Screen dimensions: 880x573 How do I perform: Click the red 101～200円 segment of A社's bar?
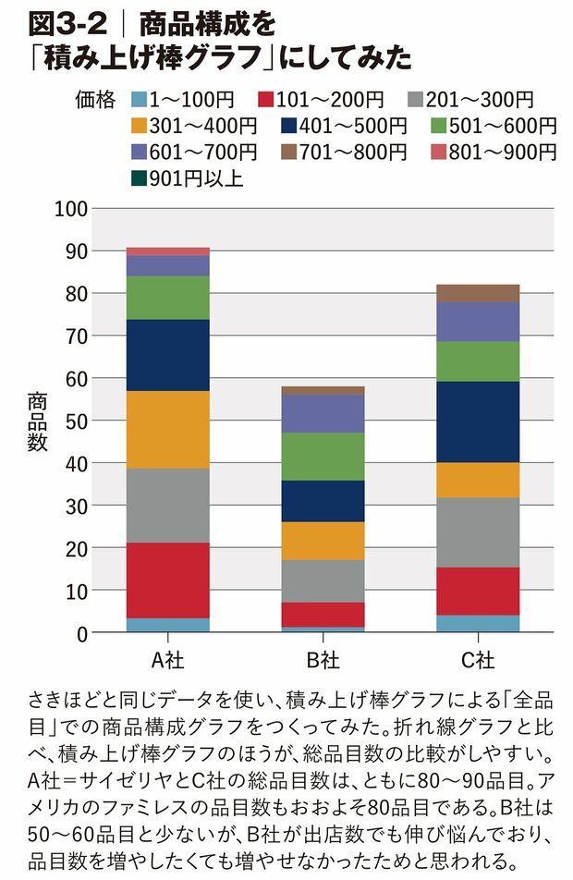(x=167, y=580)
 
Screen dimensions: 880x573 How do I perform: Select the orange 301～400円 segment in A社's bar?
(x=167, y=430)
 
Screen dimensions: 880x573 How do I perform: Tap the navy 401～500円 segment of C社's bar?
(x=478, y=422)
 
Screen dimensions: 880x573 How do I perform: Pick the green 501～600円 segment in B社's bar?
(x=323, y=456)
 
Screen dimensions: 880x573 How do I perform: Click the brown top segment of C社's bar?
(x=478, y=293)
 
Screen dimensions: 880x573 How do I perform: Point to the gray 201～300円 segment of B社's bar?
(x=323, y=581)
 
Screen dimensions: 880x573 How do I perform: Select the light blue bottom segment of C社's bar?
(x=478, y=623)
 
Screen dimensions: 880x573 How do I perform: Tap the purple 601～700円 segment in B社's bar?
(x=323, y=413)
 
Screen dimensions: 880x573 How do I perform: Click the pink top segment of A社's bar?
(x=167, y=251)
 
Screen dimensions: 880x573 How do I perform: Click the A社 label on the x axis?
(x=167, y=661)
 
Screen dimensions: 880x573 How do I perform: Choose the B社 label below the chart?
(x=323, y=661)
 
